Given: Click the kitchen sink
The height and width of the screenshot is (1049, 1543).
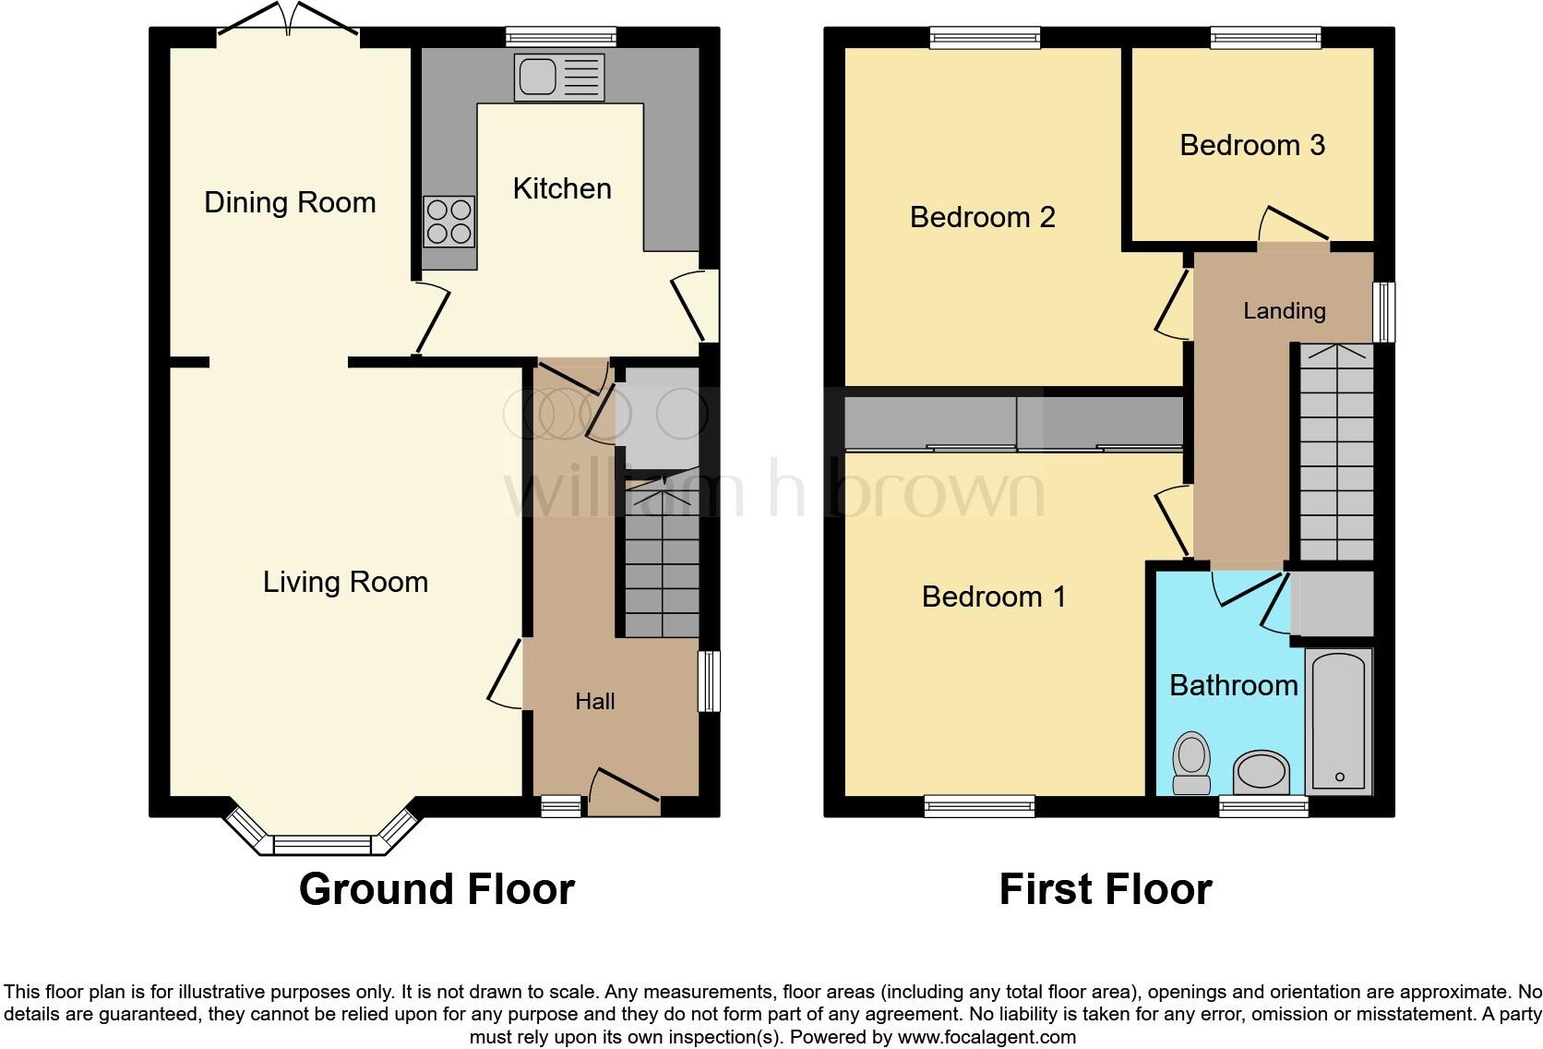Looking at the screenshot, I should pyautogui.click(x=560, y=78).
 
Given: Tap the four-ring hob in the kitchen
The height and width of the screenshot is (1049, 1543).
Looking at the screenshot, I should pyautogui.click(x=449, y=222).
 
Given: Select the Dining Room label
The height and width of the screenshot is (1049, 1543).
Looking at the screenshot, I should pyautogui.click(x=290, y=202).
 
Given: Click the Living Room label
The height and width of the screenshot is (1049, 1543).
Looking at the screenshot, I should pyautogui.click(x=345, y=582).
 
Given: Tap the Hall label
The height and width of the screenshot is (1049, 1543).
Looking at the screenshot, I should pyautogui.click(x=594, y=702).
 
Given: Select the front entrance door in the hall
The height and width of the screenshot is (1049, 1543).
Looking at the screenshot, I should pyautogui.click(x=624, y=792).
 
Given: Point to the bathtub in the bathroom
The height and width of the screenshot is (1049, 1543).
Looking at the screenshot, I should pyautogui.click(x=1338, y=720).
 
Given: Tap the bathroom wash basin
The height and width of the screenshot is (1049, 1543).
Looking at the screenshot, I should pyautogui.click(x=1262, y=772).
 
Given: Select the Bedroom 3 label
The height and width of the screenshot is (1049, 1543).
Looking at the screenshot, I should pyautogui.click(x=1252, y=145).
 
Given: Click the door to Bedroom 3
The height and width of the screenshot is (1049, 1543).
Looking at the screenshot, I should pyautogui.click(x=1294, y=231).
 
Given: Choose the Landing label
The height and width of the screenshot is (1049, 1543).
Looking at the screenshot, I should pyautogui.click(x=1284, y=311).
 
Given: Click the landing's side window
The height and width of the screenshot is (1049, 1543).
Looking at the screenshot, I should pyautogui.click(x=1384, y=312).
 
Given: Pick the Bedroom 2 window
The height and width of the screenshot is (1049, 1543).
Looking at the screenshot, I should pyautogui.click(x=985, y=38).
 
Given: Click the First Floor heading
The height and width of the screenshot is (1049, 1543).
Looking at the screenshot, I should pyautogui.click(x=1105, y=889).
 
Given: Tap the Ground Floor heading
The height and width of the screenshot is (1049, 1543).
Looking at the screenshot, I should pyautogui.click(x=437, y=889).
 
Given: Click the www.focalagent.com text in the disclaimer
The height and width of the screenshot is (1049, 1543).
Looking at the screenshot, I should pyautogui.click(x=987, y=1037).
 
